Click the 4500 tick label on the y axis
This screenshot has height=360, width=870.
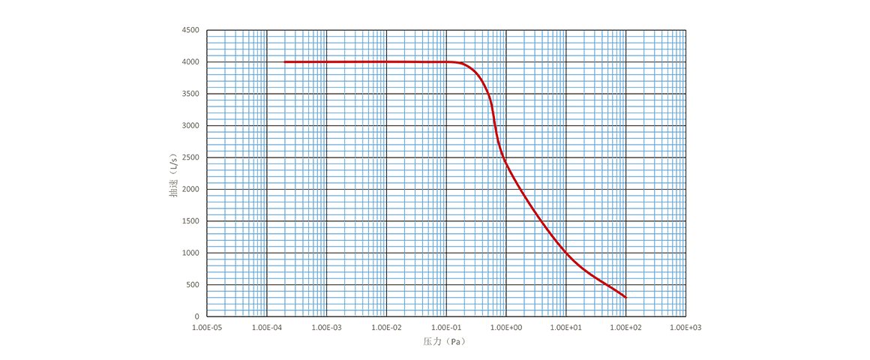click(x=190, y=29)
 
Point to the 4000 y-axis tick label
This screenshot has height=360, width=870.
click(x=190, y=61)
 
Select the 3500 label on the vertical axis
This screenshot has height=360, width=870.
click(x=190, y=93)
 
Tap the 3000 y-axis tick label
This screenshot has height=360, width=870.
click(x=190, y=125)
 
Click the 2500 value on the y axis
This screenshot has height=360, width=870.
click(x=190, y=157)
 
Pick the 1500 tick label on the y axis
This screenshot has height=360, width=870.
click(x=190, y=221)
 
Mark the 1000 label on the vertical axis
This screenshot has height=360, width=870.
click(x=190, y=253)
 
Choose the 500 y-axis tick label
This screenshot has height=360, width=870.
click(x=192, y=285)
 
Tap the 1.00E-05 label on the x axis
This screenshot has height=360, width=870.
click(x=207, y=327)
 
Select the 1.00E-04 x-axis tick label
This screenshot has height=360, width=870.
click(x=267, y=327)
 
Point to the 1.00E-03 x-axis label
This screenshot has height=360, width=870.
click(x=327, y=327)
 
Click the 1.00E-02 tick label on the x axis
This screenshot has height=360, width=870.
click(x=387, y=327)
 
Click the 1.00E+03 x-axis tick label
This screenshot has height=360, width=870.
click(x=685, y=327)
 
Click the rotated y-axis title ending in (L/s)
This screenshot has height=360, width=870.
click(x=173, y=174)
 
